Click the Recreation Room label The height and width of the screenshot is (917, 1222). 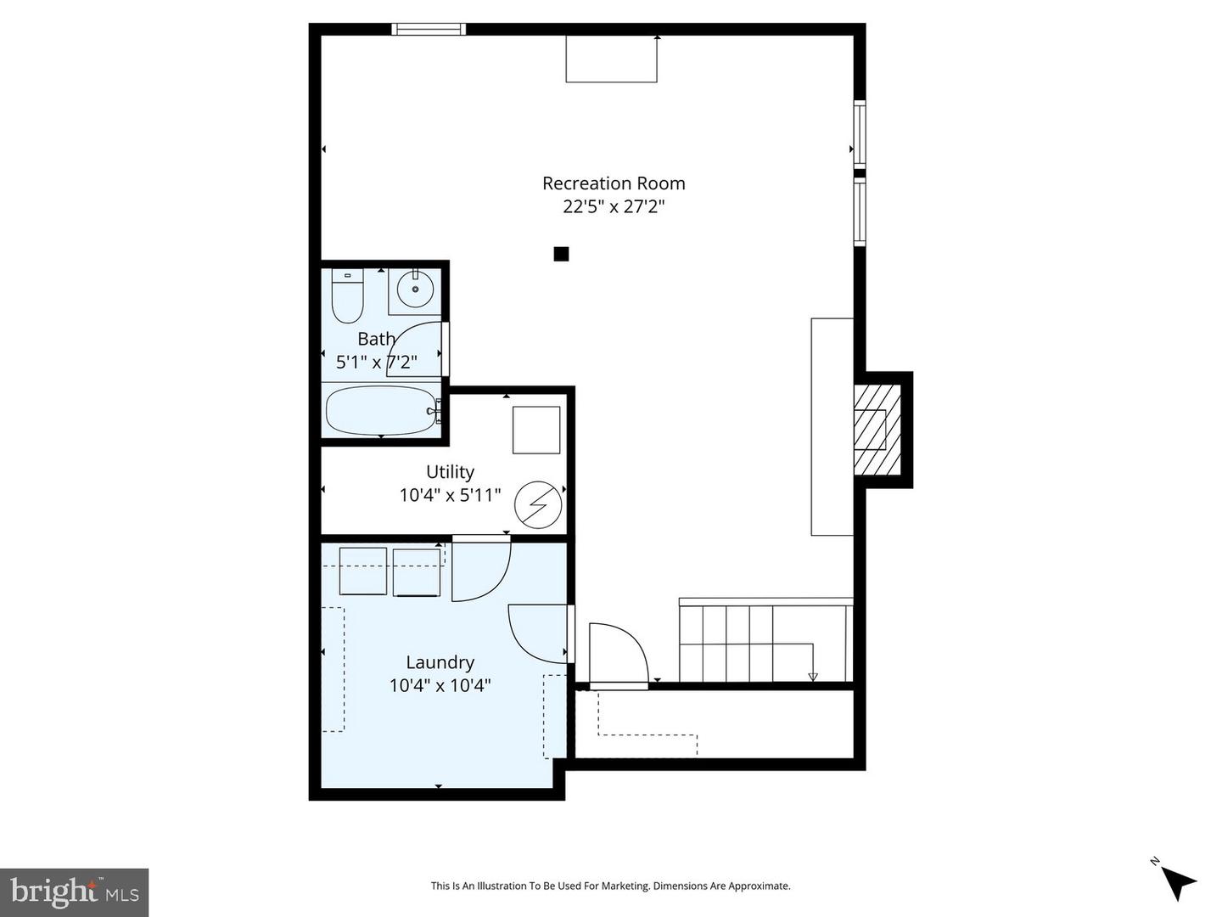pyautogui.click(x=614, y=183)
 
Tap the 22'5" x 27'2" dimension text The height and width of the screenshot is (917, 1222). pyautogui.click(x=614, y=206)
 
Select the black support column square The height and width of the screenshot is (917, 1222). pyautogui.click(x=561, y=254)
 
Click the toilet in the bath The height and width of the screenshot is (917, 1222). pyautogui.click(x=347, y=296)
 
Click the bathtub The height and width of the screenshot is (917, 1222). pyautogui.click(x=381, y=410)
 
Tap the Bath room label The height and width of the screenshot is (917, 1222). pyautogui.click(x=376, y=339)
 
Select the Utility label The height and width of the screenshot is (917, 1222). pyautogui.click(x=450, y=472)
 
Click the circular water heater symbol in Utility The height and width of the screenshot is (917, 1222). pyautogui.click(x=538, y=505)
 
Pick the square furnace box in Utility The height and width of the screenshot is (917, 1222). pyautogui.click(x=536, y=430)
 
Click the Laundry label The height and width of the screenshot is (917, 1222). pyautogui.click(x=440, y=662)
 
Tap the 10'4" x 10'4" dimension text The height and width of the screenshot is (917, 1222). pyautogui.click(x=440, y=685)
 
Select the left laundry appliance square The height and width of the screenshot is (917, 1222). pyautogui.click(x=363, y=571)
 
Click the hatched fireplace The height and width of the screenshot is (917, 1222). pyautogui.click(x=877, y=430)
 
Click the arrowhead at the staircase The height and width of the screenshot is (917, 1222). pyautogui.click(x=813, y=677)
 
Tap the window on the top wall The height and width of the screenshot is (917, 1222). pyautogui.click(x=429, y=30)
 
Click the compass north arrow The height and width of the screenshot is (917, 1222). pyautogui.click(x=1178, y=882)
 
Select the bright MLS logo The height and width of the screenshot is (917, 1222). pyautogui.click(x=75, y=892)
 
